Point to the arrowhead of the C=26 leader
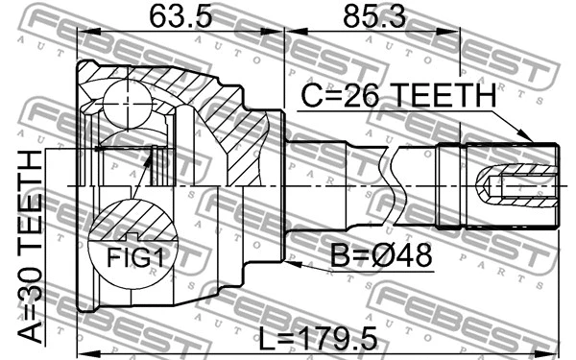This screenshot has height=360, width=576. click(527, 138)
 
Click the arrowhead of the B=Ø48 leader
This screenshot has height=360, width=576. click(289, 257)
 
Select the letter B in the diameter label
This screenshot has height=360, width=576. click(340, 256)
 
